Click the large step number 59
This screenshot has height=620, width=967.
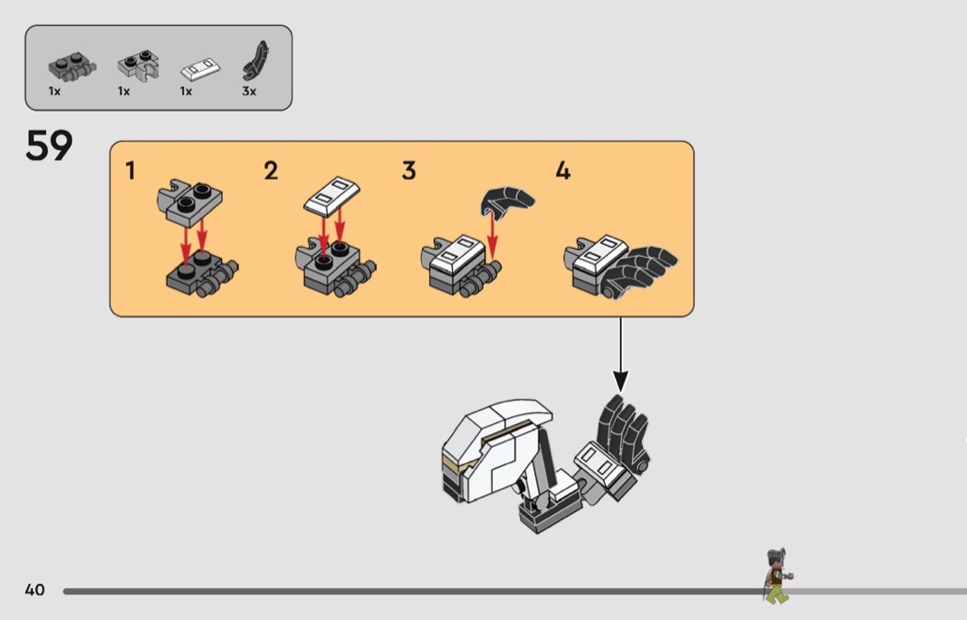49,146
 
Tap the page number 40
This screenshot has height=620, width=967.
35,590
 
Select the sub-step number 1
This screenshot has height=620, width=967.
130,170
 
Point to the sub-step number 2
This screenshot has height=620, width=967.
271,170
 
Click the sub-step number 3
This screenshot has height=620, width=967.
409,170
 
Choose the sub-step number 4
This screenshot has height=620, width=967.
563,170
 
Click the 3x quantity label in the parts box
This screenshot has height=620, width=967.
249,91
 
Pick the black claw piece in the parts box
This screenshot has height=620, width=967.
255,61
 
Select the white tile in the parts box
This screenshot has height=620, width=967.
201,68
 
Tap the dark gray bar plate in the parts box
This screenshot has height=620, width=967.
72,66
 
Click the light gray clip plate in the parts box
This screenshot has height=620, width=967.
139,64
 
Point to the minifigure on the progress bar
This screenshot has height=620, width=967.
777,575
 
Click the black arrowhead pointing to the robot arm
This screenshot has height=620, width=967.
621,381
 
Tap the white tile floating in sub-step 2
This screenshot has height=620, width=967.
332,196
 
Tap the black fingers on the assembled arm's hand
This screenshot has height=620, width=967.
623,432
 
